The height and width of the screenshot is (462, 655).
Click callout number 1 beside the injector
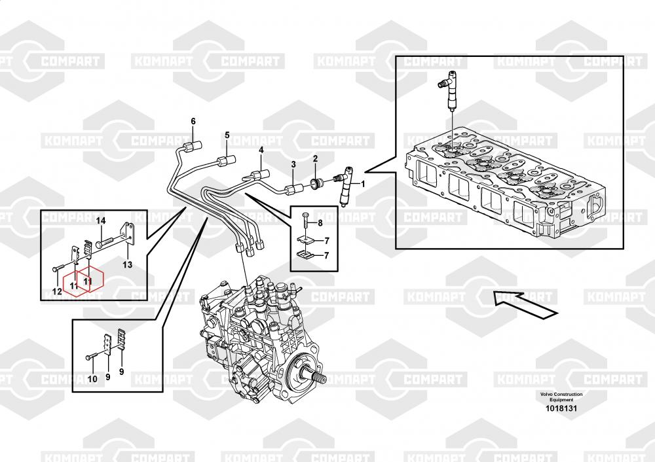(x=363, y=184)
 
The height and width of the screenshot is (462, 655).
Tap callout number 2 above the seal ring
(x=316, y=158)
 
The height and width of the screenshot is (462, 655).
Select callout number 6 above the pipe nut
(x=193, y=121)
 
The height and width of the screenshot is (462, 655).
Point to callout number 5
(x=227, y=135)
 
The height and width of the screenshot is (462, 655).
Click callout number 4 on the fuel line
(x=261, y=150)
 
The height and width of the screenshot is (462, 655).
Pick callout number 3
(x=293, y=164)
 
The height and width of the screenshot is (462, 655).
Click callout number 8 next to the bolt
(x=320, y=223)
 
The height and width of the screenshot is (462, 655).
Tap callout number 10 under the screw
(x=92, y=378)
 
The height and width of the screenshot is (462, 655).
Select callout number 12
(x=57, y=291)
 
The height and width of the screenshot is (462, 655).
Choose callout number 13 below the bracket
(x=128, y=264)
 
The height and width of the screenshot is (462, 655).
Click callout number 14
(x=101, y=221)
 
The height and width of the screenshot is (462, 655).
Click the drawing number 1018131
(x=561, y=408)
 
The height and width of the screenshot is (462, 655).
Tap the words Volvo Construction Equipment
(x=561, y=397)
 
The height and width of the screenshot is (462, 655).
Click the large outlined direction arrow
(x=525, y=305)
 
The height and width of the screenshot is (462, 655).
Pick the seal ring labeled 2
(x=318, y=182)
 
